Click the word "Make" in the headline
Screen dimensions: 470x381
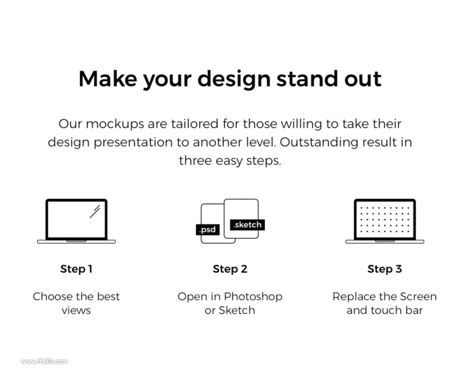tap(108, 78)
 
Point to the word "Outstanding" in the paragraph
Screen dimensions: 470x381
tap(319, 142)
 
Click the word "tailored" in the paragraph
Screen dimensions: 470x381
tap(195, 124)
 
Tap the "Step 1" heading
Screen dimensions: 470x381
tap(76, 269)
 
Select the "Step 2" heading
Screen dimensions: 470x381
tap(230, 269)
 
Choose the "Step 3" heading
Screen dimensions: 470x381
tap(384, 269)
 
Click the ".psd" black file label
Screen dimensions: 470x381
tap(208, 230)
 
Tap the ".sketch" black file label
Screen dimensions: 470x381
tap(247, 225)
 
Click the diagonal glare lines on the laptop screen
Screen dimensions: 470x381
tap(95, 211)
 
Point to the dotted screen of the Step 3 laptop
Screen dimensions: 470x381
tap(385, 219)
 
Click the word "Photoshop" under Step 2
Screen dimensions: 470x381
tap(253, 297)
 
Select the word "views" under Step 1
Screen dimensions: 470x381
tap(76, 311)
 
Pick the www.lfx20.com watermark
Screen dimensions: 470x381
tap(44, 361)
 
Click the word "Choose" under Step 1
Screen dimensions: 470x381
tap(53, 296)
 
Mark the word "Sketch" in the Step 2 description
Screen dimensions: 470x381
tap(237, 311)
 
